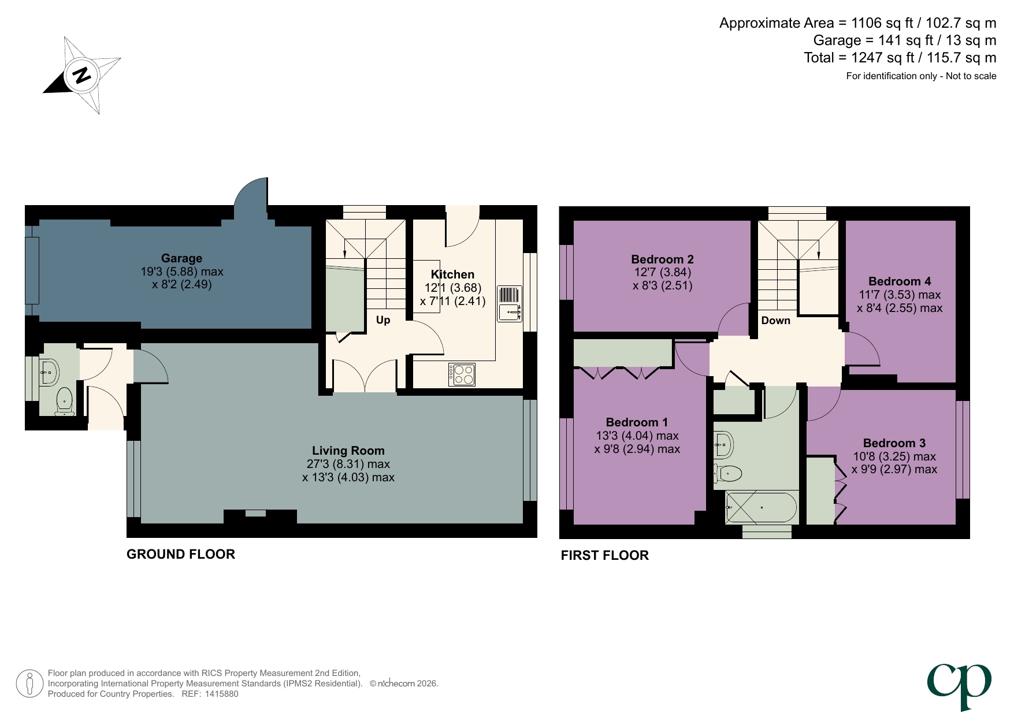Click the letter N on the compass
[82, 75]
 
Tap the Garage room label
[181, 258]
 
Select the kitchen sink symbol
[509, 304]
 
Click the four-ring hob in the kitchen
[462, 374]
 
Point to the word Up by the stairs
[383, 320]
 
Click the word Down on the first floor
[775, 321]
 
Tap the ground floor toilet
[64, 401]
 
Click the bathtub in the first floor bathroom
[762, 508]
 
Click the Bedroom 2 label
[662, 259]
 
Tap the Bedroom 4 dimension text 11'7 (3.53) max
[900, 295]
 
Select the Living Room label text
[348, 451]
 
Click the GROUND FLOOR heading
[181, 554]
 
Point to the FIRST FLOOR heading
[604, 555]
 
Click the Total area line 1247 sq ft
[900, 58]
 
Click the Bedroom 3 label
[894, 443]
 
